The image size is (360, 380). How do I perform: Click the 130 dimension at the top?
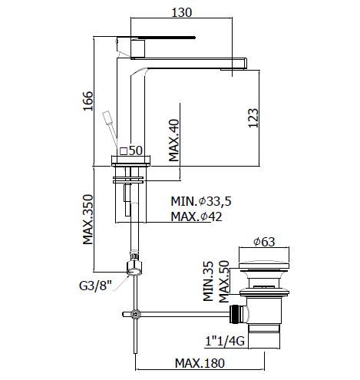pos(181,12)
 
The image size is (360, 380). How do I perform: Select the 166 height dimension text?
pos(88,101)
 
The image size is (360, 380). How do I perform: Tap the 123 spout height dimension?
pos(253,118)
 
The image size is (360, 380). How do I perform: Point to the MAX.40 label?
pos(174,140)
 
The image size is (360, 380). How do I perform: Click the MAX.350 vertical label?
pos(88,220)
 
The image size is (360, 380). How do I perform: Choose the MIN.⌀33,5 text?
pos(201,201)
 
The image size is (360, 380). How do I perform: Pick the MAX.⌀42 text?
pos(197,216)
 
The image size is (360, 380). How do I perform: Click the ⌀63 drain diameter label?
pos(264,241)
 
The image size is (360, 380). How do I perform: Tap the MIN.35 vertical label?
pos(208,281)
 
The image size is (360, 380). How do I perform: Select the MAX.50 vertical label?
pos(224,282)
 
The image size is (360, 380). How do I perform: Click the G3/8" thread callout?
pos(96,286)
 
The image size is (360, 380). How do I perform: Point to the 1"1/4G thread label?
pos(225,341)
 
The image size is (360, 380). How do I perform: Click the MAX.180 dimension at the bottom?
pos(200,363)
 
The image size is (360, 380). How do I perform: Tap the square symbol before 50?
pos(124,151)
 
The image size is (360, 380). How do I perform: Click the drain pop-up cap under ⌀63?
pos(264,266)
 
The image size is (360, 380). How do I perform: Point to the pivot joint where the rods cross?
pos(135,314)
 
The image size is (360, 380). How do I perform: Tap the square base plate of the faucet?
pos(130,160)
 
